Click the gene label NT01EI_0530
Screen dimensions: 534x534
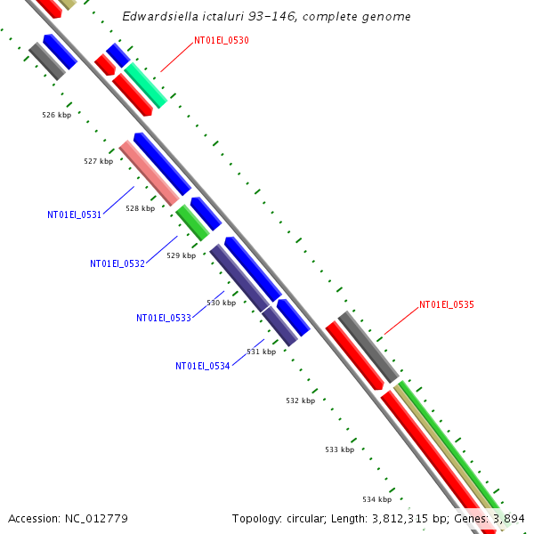pos(222,41)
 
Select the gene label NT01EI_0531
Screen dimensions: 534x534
pos(75,214)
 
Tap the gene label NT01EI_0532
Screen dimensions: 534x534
pos(117,263)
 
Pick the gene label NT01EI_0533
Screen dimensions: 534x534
pos(164,318)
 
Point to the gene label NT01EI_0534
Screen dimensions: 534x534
pos(203,366)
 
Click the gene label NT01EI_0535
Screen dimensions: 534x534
pos(447,304)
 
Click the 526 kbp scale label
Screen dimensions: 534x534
pos(56,115)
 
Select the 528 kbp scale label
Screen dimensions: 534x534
pos(140,208)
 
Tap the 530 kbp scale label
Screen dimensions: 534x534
pos(222,303)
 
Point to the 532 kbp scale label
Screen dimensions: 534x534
pos(300,400)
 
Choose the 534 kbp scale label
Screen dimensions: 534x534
pos(376,498)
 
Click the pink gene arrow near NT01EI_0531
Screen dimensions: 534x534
pos(149,173)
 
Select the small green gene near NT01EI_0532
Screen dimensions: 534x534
pos(192,222)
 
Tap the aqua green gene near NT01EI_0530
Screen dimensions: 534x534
pos(145,85)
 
